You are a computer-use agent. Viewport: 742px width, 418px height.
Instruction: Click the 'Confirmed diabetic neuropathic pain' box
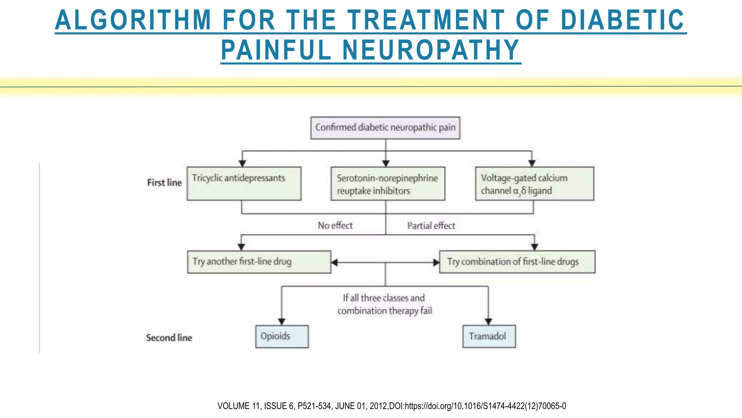pos(385,128)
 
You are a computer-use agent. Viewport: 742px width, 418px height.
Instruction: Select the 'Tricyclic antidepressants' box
pos(244,184)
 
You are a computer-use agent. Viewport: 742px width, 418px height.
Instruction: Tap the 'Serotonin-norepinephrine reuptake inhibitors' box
pos(388,184)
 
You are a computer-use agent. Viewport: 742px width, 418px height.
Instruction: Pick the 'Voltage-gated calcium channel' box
pos(534,184)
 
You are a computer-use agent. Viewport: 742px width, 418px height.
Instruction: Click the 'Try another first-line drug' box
pos(259,262)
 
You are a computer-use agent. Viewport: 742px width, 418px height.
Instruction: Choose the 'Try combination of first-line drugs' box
pos(517,262)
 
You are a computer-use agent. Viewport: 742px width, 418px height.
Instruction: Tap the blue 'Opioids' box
pos(282,336)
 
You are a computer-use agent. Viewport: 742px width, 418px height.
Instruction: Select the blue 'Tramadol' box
pos(489,336)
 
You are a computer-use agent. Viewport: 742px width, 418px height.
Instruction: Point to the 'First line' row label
pos(164,183)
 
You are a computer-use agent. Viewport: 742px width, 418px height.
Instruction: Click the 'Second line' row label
pos(169,338)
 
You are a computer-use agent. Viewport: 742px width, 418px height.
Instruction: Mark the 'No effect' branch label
pos(335,226)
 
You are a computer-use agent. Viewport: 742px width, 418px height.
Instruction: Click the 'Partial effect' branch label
pos(431,226)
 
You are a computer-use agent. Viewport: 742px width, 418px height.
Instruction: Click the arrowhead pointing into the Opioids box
pos(282,321)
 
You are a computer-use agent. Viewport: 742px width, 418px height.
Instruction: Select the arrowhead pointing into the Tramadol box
pos(488,321)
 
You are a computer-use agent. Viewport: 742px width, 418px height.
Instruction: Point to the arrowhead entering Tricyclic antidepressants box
pos(242,164)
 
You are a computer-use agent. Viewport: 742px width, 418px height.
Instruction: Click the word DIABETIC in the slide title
pos(622,20)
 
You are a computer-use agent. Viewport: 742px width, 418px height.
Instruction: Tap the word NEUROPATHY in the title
pos(431,50)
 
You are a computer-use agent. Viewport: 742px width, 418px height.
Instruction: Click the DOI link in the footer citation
pos(485,406)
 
